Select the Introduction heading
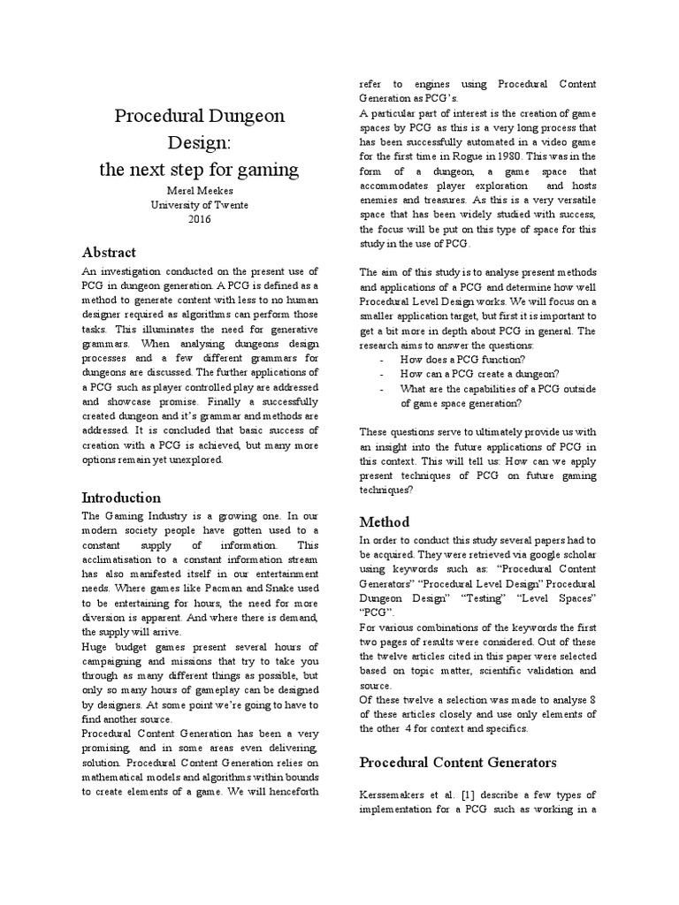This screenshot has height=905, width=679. click(x=121, y=497)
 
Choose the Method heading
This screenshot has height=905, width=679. click(x=384, y=521)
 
